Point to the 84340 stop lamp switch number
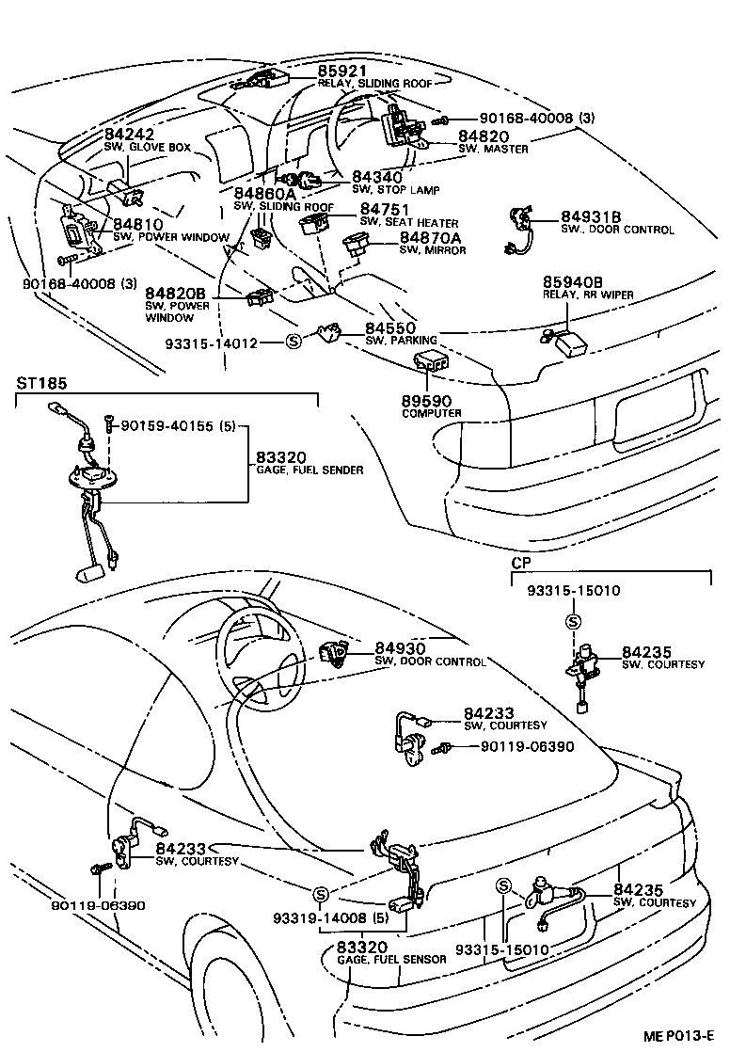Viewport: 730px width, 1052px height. coord(377,177)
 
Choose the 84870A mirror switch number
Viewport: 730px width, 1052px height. coord(430,238)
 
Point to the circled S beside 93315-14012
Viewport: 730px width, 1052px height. coord(293,343)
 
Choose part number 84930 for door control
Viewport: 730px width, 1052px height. coord(401,648)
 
